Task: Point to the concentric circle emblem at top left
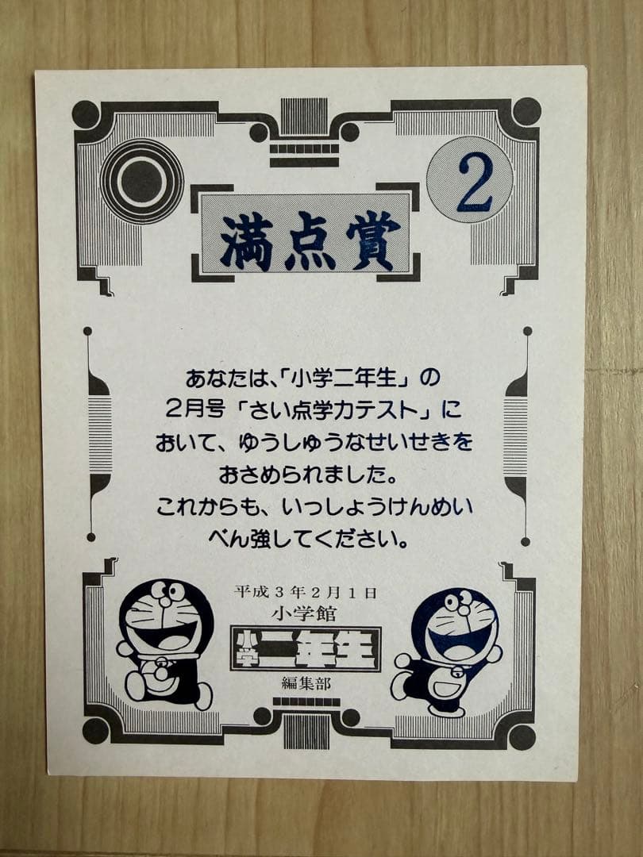pos(142,181)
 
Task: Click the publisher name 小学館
pos(304,613)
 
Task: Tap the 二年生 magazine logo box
pos(306,649)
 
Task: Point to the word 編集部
pos(306,683)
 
